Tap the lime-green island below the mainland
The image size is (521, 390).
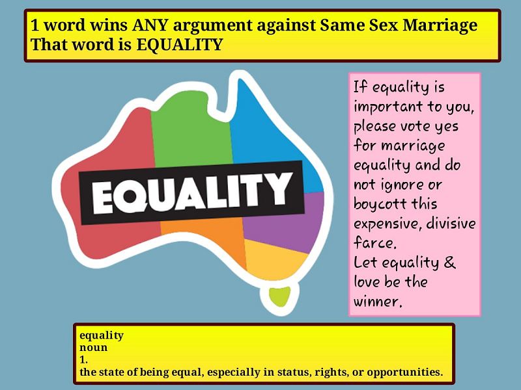click(280, 296)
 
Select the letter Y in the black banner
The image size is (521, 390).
click(276, 188)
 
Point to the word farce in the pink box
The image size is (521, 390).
click(375, 242)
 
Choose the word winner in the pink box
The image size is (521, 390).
click(378, 302)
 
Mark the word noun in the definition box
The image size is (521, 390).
click(93, 348)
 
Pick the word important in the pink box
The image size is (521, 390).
click(388, 107)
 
